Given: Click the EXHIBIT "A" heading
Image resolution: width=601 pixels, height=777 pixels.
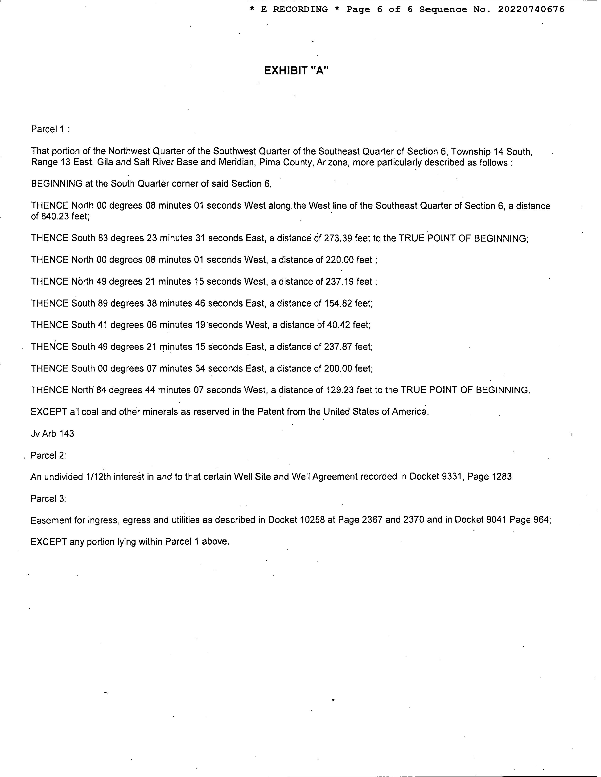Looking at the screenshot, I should [296, 71].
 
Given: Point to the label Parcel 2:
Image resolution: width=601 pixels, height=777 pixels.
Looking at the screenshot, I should [48, 455].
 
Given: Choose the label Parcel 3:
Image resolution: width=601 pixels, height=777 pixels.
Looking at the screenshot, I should [48, 499].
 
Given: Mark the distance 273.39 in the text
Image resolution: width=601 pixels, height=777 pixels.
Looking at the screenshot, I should [338, 238].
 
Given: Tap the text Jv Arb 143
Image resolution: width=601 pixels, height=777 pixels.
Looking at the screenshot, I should [52, 434].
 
